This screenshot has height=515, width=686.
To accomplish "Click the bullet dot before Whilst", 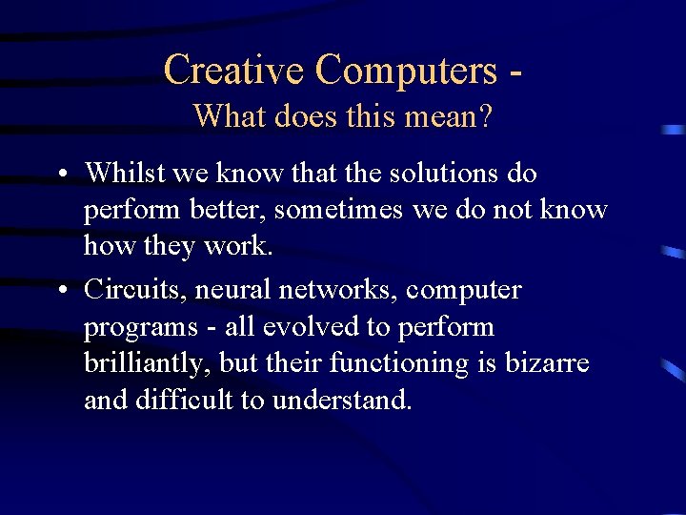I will point(60,175).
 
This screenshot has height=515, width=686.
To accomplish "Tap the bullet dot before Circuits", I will point(60,290).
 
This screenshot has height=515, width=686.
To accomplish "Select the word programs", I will point(133,326).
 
